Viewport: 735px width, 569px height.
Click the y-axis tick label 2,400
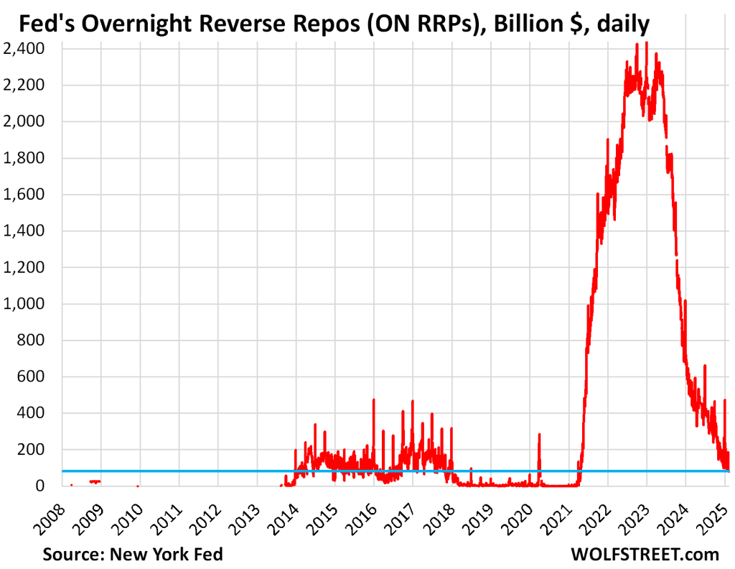[24, 49]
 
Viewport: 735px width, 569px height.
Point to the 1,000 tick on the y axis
[24, 304]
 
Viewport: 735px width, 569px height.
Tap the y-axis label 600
[30, 376]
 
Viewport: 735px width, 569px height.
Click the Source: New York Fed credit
[133, 554]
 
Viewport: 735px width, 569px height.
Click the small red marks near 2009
[95, 481]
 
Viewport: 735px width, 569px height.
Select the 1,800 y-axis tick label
[24, 158]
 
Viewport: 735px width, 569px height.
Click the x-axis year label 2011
[168, 512]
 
